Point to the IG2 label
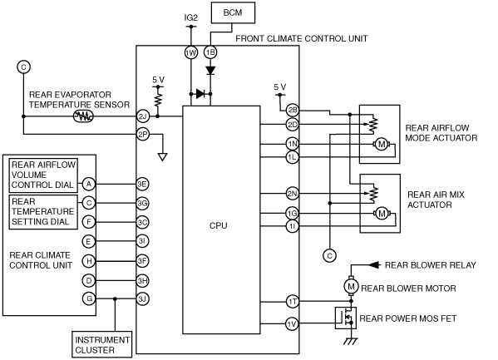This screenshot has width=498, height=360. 191,17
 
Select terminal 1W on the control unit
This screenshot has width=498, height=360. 191,52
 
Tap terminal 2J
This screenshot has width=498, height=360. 143,116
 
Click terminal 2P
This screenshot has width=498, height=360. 143,135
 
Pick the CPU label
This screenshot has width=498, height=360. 218,225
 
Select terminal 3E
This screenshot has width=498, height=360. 142,184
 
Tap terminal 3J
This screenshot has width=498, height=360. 142,299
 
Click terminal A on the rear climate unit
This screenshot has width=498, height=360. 89,184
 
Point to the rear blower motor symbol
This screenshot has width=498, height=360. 351,287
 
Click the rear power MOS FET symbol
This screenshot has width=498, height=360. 346,318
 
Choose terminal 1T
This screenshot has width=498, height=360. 292,302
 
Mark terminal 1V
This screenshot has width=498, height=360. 292,323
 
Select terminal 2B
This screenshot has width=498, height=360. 292,111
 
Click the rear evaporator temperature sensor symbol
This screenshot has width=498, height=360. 83,116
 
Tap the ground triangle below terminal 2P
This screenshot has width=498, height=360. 163,157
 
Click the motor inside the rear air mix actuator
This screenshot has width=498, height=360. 382,214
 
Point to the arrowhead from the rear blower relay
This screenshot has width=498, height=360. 374,265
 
